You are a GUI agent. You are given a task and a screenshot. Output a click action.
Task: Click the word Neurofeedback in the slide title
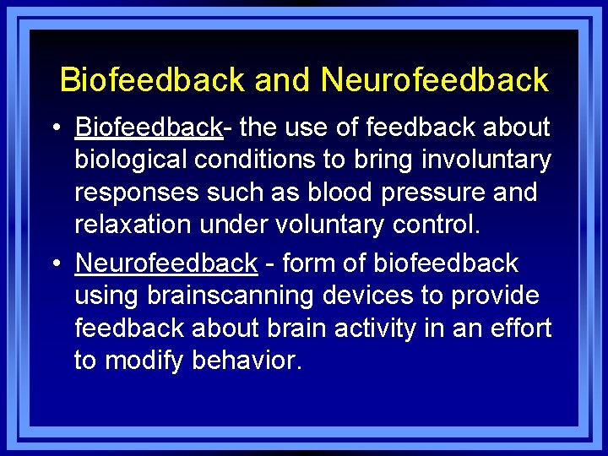pos(434,80)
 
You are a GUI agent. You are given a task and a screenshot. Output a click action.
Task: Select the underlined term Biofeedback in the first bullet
pos(148,128)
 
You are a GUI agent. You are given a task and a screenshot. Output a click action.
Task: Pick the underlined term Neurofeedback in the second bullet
pos(166,263)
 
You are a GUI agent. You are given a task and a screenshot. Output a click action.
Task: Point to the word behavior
pos(247,361)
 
